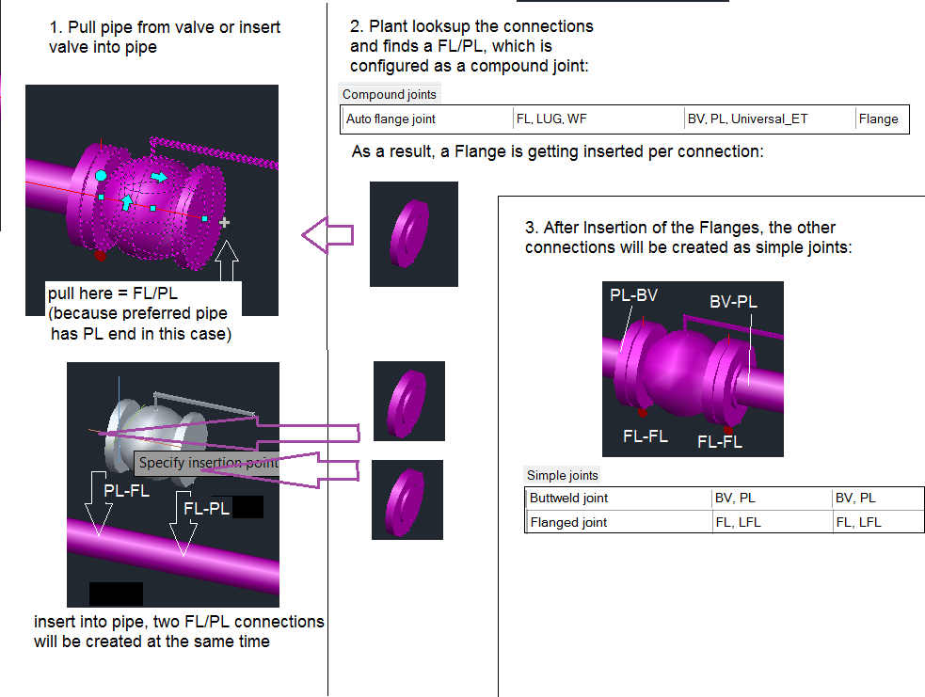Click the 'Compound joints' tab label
[389, 94]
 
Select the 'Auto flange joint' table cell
[391, 119]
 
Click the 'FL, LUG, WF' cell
[551, 119]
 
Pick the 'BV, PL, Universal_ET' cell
[747, 119]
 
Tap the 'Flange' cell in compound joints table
[878, 119]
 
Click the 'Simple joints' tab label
[562, 476]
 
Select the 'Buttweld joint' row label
[568, 499]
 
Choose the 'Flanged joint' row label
[568, 522]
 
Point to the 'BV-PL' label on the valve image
[733, 302]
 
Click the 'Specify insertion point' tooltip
[208, 463]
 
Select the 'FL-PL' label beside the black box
[207, 509]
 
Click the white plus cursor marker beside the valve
[224, 223]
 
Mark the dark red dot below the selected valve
[100, 255]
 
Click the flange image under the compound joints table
[413, 233]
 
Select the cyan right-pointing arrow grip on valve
[159, 177]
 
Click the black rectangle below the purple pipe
[116, 594]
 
